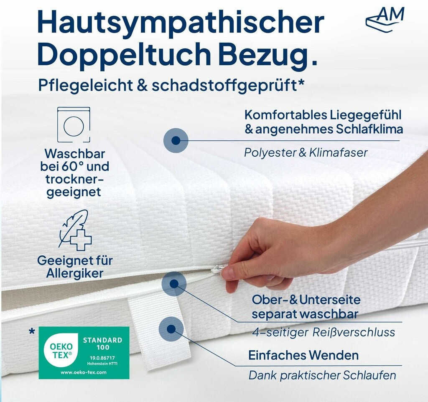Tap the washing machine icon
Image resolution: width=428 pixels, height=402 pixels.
pyautogui.click(x=74, y=125)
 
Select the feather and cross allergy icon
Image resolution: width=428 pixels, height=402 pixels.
pyautogui.click(x=75, y=230)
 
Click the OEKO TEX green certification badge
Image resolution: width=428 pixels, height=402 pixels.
pyautogui.click(x=84, y=353)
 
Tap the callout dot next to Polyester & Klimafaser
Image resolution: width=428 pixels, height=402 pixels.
pyautogui.click(x=176, y=140)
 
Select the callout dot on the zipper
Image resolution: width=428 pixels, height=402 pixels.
pyautogui.click(x=174, y=284)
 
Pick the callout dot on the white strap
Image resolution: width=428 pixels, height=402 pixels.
pyautogui.click(x=171, y=329)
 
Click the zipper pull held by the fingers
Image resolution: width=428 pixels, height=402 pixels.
pyautogui.click(x=218, y=270)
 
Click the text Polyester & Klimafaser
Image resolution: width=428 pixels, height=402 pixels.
pyautogui.click(x=306, y=153)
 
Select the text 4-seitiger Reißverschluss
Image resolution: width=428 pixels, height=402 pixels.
pyautogui.click(x=324, y=332)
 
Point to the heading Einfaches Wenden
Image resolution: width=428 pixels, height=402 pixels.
pyautogui.click(x=303, y=355)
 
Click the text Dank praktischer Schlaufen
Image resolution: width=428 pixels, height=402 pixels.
pyautogui.click(x=322, y=375)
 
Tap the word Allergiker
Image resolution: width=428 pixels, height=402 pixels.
pyautogui.click(x=75, y=273)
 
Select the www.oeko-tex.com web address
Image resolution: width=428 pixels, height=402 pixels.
pyautogui.click(x=84, y=372)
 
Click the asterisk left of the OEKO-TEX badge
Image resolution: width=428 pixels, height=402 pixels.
pyautogui.click(x=32, y=332)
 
